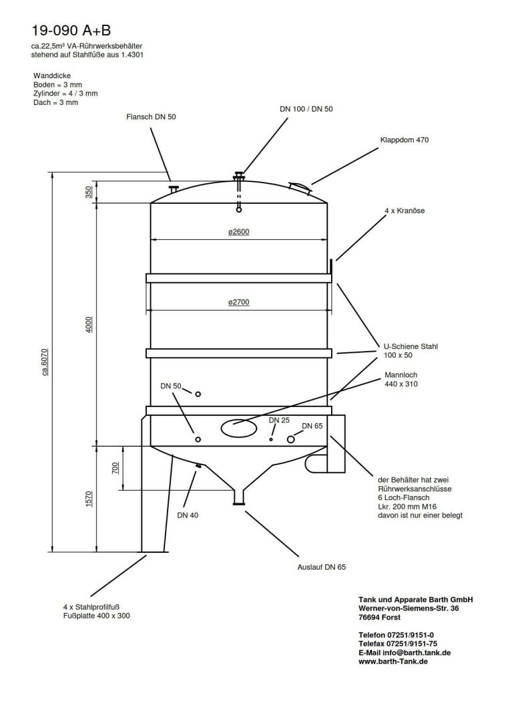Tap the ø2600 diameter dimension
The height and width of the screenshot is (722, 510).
[x=238, y=233]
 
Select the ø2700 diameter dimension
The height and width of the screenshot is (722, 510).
[x=238, y=303]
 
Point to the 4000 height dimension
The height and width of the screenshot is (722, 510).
[x=89, y=324]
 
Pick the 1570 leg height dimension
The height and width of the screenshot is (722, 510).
[x=89, y=499]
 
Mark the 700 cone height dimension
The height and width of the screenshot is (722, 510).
[x=115, y=467]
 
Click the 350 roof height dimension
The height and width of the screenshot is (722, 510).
[x=89, y=193]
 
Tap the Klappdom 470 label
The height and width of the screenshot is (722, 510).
[x=404, y=140]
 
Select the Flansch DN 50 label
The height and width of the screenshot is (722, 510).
[x=151, y=116]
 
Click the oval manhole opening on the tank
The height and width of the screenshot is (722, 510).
[x=238, y=429]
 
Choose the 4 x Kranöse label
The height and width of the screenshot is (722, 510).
[x=405, y=211]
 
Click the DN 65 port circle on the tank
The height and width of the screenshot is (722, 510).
[x=291, y=439]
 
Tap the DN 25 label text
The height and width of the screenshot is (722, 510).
[x=279, y=420]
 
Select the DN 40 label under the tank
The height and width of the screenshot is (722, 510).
[x=188, y=515]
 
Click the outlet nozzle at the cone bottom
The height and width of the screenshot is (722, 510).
[x=238, y=497]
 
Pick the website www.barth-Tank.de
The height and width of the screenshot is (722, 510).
[x=393, y=660]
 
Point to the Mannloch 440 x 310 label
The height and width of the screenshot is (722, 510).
[x=401, y=380]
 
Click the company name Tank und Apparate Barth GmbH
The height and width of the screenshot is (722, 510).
[x=415, y=600]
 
